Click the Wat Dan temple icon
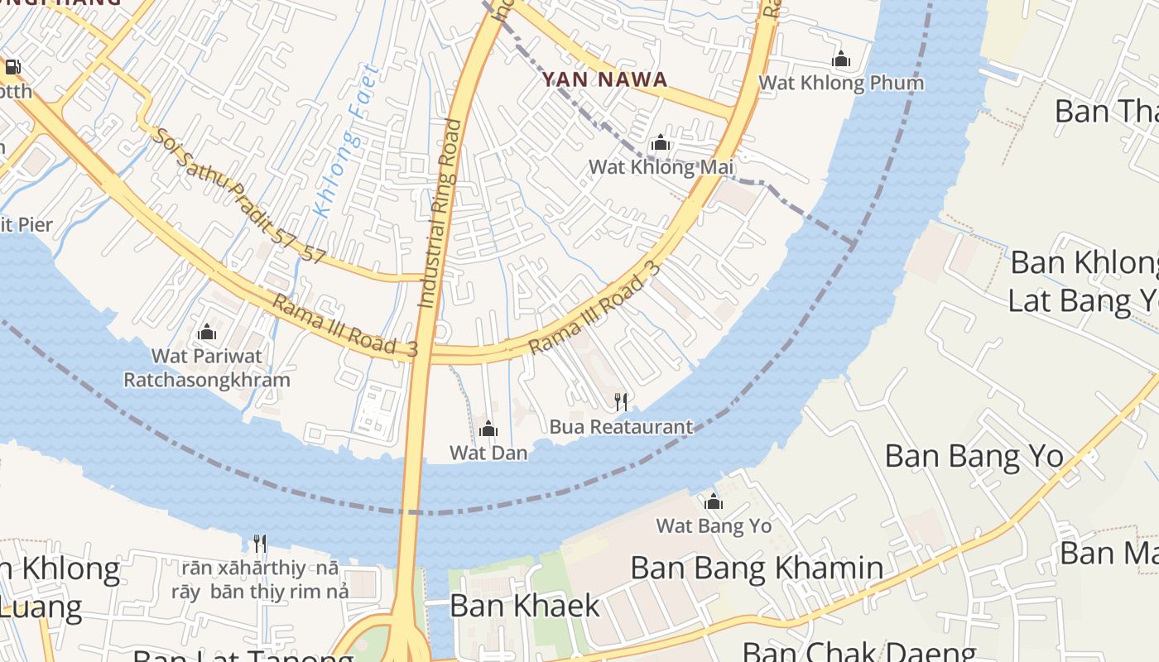pos(488,429)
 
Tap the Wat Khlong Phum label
pos(840,83)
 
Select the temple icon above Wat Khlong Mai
pos(660,143)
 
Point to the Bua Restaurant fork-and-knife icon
pos(621,402)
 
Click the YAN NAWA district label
pos(604,79)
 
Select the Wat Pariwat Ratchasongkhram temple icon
pos(207,333)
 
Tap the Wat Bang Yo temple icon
pos(713,501)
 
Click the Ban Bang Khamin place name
pos(757,568)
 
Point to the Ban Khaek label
pos(524,606)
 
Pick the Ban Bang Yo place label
pos(974,456)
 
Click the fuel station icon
pos(12,67)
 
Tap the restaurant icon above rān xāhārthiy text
pos(260,543)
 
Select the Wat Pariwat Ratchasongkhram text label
pos(207,368)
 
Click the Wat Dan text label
pos(488,453)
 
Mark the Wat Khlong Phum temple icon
pos(841,60)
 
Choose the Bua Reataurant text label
pos(621,427)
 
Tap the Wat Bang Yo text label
pos(714,526)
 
